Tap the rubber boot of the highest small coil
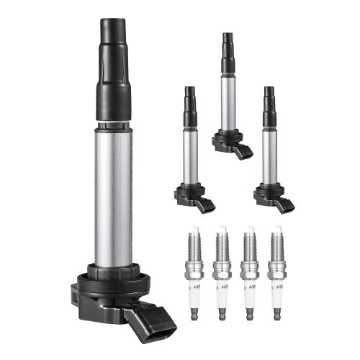228,54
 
